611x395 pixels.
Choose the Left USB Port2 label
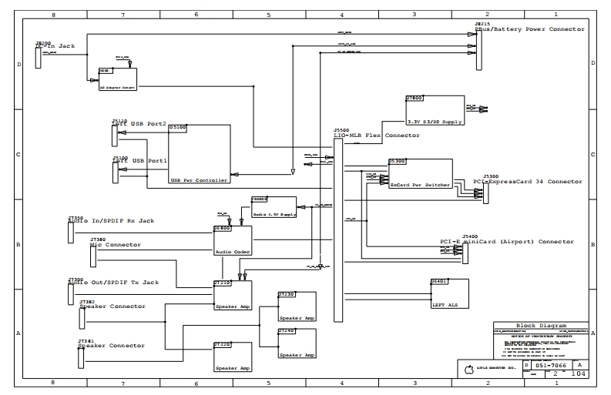coord(139,124)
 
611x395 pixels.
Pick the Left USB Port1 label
coord(139,160)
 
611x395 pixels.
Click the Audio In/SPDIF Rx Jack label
coord(111,221)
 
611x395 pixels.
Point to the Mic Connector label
coord(116,245)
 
